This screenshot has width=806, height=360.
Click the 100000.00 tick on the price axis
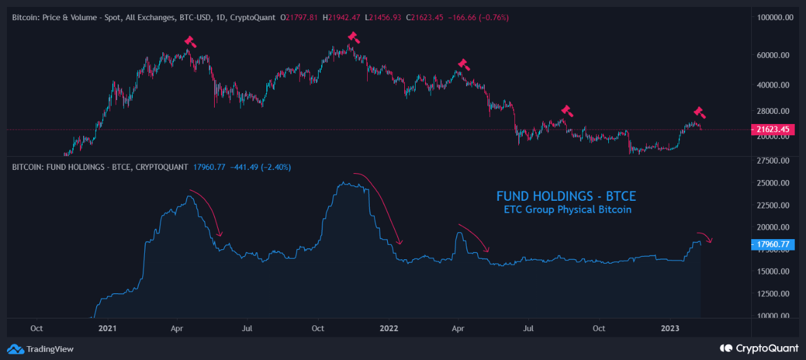tap(773, 18)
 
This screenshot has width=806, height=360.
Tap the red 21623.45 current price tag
tap(773, 130)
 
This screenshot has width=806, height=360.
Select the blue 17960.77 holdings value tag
tap(773, 245)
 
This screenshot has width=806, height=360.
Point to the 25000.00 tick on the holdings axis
tap(773, 183)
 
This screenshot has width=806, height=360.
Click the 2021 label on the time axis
tap(108, 328)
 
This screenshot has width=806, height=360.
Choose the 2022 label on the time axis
tap(389, 328)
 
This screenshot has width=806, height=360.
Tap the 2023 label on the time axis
tap(670, 328)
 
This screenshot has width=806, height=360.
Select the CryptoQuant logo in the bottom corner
tap(759, 348)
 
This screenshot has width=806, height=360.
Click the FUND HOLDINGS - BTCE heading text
tap(566, 196)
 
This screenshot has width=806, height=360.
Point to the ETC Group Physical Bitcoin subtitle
tap(567, 210)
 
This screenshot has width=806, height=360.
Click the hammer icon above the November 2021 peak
tap(353, 37)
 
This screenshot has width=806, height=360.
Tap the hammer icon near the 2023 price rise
tap(700, 113)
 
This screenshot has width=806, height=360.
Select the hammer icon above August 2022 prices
tap(567, 111)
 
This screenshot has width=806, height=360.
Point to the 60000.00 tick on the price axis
tap(773, 55)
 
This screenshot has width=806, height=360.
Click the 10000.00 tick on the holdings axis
tap(773, 316)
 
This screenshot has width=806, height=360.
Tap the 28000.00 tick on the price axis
tap(773, 111)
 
